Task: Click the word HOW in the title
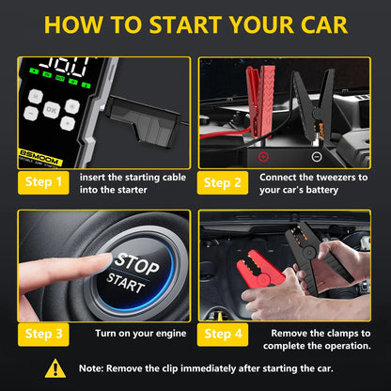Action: click(75, 25)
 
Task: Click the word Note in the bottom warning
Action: click(90, 369)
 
